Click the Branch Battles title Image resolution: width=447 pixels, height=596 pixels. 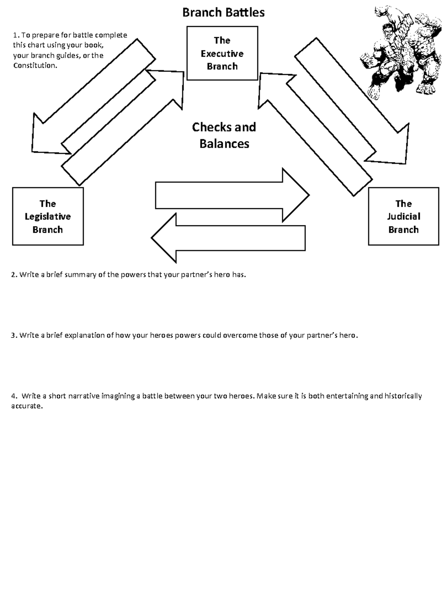click(223, 12)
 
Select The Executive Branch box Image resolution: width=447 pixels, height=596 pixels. click(222, 53)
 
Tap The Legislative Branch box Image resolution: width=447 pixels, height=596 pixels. click(48, 216)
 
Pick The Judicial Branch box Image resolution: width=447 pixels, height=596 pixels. click(403, 216)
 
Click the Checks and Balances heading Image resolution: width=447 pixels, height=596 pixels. click(224, 135)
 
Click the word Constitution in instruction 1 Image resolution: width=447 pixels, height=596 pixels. click(35, 66)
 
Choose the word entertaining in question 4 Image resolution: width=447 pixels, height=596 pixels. click(347, 396)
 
